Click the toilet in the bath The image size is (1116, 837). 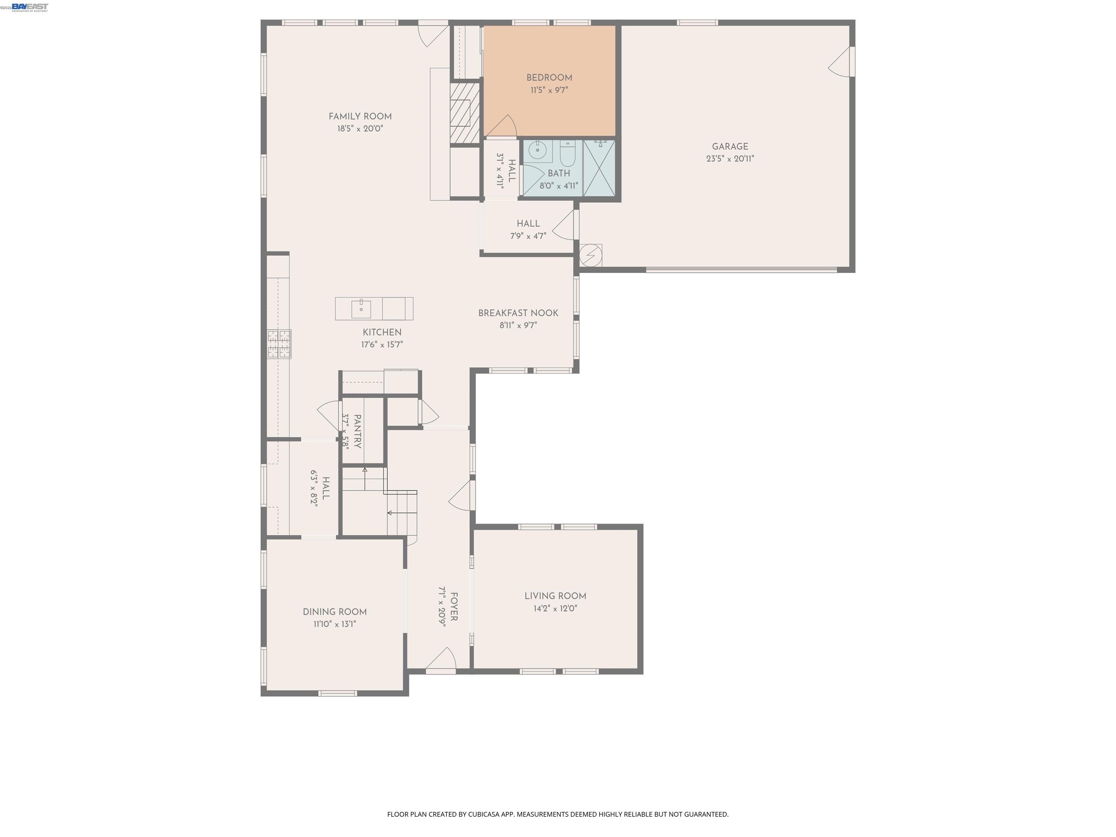[x=567, y=154]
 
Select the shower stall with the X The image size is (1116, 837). [x=599, y=168]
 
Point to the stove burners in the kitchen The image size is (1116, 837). [x=279, y=344]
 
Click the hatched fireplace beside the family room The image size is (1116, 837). [x=464, y=113]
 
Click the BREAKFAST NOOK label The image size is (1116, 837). [x=518, y=313]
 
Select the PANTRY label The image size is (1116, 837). [x=357, y=431]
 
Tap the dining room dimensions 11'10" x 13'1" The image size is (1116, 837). [x=335, y=624]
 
